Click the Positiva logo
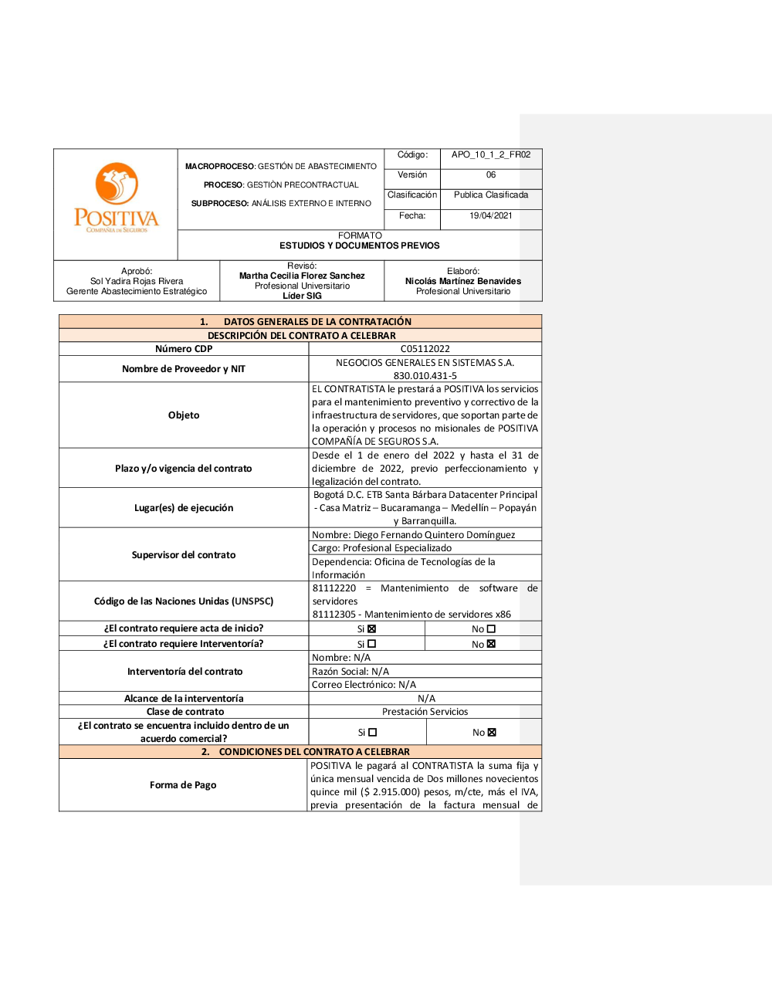[x=116, y=197]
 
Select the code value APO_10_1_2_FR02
[x=491, y=155]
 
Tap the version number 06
[x=491, y=175]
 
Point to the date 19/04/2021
[x=491, y=216]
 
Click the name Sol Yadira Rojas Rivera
[x=137, y=282]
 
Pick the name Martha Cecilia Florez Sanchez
[x=302, y=276]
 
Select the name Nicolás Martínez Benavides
[x=463, y=282]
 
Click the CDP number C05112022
[x=425, y=349]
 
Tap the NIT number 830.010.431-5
[x=425, y=376]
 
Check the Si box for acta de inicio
[x=371, y=629]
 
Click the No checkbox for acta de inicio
[x=491, y=629]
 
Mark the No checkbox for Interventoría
[x=491, y=644]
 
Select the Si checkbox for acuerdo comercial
[x=373, y=733]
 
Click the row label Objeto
[x=184, y=415]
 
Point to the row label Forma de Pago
[x=183, y=785]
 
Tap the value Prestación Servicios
[x=425, y=712]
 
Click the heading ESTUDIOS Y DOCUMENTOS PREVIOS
[x=360, y=246]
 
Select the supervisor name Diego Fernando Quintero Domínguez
[x=435, y=535]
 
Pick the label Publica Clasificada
[x=491, y=195]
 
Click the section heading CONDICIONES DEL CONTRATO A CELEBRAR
[x=314, y=752]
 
